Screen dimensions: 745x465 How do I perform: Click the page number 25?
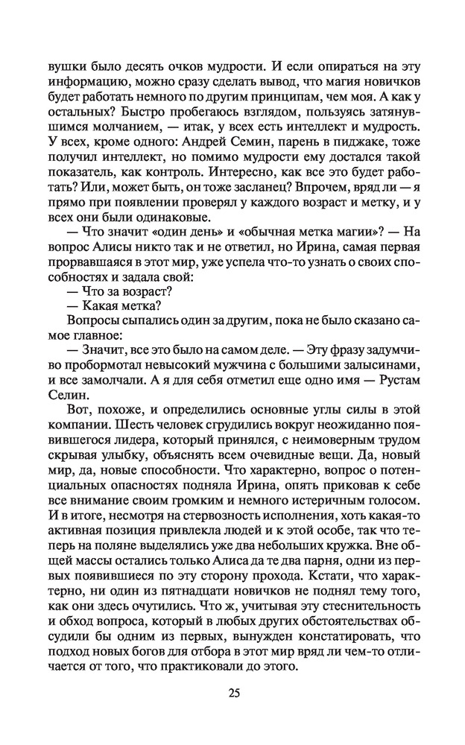coord(233,693)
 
